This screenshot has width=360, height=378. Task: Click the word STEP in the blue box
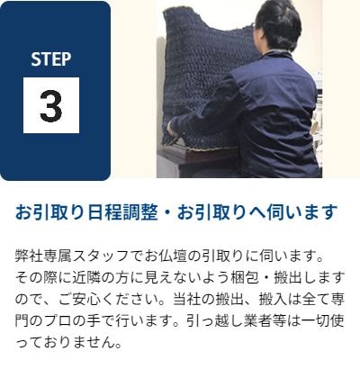click(51, 59)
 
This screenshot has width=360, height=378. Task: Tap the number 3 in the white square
click(51, 105)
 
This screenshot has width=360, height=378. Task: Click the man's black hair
click(279, 22)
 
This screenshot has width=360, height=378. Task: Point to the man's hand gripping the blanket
click(172, 130)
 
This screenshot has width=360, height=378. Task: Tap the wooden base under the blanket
click(198, 155)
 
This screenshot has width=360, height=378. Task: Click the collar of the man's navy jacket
click(277, 57)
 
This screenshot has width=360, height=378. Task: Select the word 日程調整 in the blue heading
click(123, 212)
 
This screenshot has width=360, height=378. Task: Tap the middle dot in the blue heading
click(167, 212)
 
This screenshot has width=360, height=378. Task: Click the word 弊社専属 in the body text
click(44, 256)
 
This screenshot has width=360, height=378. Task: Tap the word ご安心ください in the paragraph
click(111, 300)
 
